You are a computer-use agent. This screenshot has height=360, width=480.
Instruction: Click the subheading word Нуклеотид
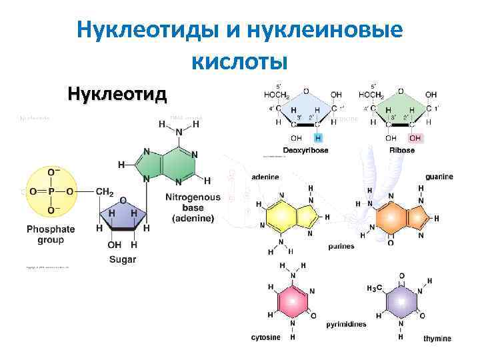(x=117, y=93)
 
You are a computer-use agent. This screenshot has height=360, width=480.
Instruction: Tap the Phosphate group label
(x=51, y=234)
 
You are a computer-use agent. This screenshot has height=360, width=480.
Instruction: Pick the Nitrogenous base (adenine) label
(x=193, y=207)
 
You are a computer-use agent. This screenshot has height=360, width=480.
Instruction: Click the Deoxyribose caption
(x=305, y=150)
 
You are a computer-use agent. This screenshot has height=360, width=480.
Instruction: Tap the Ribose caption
(x=402, y=150)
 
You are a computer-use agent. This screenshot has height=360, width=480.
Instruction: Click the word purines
(x=341, y=247)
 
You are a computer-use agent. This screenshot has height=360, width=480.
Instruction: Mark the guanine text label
(x=439, y=177)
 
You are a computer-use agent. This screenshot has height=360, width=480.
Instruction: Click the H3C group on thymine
(x=375, y=288)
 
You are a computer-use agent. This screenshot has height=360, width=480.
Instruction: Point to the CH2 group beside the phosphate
(x=105, y=192)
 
